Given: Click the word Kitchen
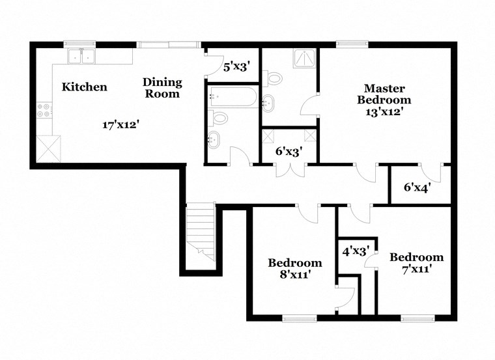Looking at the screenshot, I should pyautogui.click(x=85, y=87).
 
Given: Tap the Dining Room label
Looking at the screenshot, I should pyautogui.click(x=162, y=88).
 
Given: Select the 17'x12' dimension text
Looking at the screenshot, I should pyautogui.click(x=122, y=124).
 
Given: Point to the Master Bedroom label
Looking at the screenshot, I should pyautogui.click(x=384, y=94).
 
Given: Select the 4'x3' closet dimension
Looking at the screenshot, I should pyautogui.click(x=356, y=249).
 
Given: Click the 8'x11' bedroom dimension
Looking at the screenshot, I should pyautogui.click(x=295, y=275).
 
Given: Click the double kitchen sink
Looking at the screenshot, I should pyautogui.click(x=82, y=57).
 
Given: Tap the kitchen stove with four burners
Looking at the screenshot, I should pyautogui.click(x=44, y=111).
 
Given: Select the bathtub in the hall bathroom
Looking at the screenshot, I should pyautogui.click(x=233, y=98).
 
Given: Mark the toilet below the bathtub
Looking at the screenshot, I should pyautogui.click(x=219, y=118).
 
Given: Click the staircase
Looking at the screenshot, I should pyautogui.click(x=201, y=231).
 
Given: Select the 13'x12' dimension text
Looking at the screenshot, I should pyautogui.click(x=384, y=111).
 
